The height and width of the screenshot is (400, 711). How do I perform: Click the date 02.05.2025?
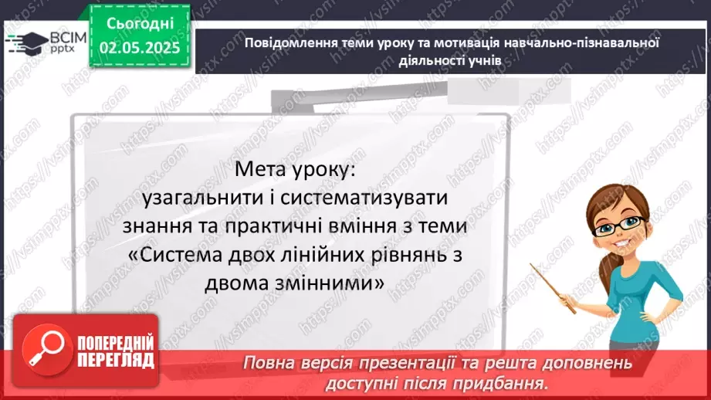tap(140, 48)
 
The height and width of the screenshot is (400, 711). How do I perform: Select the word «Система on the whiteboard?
tap(178, 256)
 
